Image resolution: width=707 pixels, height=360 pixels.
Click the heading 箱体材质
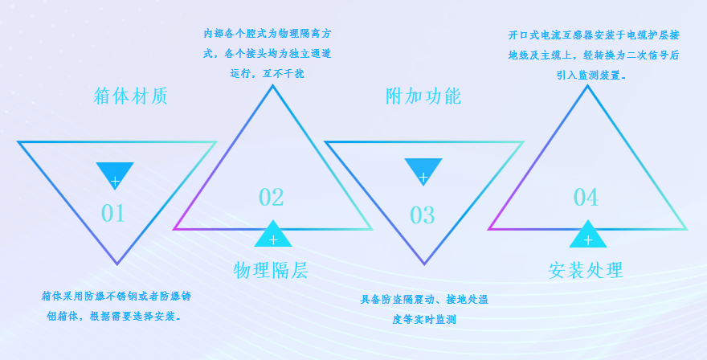(131, 96)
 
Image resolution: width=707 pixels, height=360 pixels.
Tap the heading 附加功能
(423, 96)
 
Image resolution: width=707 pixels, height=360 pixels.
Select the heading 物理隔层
(271, 270)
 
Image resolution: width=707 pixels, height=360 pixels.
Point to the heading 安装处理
(586, 270)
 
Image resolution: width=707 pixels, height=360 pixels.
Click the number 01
(112, 213)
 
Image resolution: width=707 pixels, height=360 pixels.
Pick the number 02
(271, 197)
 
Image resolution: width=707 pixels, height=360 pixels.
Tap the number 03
(423, 215)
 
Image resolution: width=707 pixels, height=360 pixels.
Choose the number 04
(586, 197)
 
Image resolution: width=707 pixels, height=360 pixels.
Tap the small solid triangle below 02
(273, 235)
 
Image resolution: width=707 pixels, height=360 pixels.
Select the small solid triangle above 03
(423, 171)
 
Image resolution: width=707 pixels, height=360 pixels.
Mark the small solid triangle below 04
(587, 235)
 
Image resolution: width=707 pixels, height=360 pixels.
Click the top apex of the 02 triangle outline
(272, 86)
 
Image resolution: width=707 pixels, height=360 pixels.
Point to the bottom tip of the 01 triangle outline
(116, 264)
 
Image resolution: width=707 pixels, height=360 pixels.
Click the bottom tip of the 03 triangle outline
(424, 264)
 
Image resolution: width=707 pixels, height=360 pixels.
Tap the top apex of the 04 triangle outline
(587, 86)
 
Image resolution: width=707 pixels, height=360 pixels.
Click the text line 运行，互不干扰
(267, 74)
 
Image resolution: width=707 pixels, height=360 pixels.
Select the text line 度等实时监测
(424, 320)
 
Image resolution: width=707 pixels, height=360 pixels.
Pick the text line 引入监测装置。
(591, 76)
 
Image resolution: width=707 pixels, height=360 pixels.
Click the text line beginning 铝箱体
(115, 317)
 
